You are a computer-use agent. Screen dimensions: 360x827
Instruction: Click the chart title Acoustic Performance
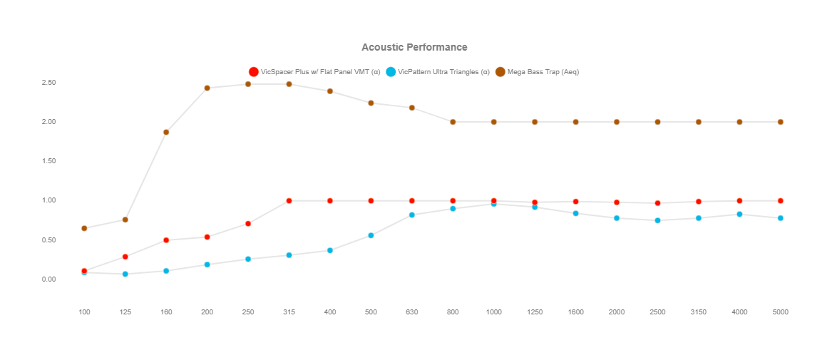click(414, 47)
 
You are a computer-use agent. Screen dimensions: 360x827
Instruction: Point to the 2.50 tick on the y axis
click(48, 83)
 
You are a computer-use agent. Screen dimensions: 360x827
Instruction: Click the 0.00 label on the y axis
click(48, 279)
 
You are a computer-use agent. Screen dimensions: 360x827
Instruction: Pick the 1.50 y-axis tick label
click(48, 161)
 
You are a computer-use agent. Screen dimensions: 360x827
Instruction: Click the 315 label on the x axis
click(289, 312)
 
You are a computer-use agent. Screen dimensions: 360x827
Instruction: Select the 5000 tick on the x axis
click(781, 312)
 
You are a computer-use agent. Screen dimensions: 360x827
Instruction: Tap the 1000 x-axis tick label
click(493, 312)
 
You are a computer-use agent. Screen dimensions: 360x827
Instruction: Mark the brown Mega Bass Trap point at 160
click(166, 132)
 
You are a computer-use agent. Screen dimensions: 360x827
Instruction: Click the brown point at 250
click(248, 84)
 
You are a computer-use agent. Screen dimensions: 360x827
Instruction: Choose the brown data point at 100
click(84, 228)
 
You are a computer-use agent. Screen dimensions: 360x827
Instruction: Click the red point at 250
click(248, 224)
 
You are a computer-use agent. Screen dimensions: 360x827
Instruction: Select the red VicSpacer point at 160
click(166, 240)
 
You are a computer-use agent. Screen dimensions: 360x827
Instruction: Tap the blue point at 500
click(371, 235)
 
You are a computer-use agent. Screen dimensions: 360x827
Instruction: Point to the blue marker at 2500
click(657, 220)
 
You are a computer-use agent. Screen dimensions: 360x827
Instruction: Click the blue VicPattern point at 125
click(125, 274)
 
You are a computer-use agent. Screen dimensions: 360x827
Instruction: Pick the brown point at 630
click(412, 108)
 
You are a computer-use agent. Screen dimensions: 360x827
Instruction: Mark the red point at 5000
click(781, 201)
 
